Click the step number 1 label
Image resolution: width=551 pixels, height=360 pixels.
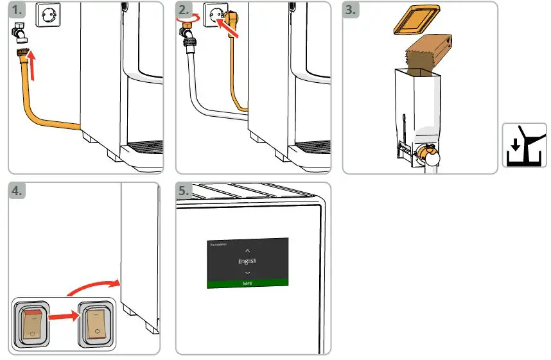(x=18, y=11)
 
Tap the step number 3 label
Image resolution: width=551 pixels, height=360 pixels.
(x=353, y=11)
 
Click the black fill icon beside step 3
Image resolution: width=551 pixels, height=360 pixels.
(x=523, y=145)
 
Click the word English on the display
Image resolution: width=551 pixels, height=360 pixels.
(x=247, y=261)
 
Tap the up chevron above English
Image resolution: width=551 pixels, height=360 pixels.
(x=247, y=250)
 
